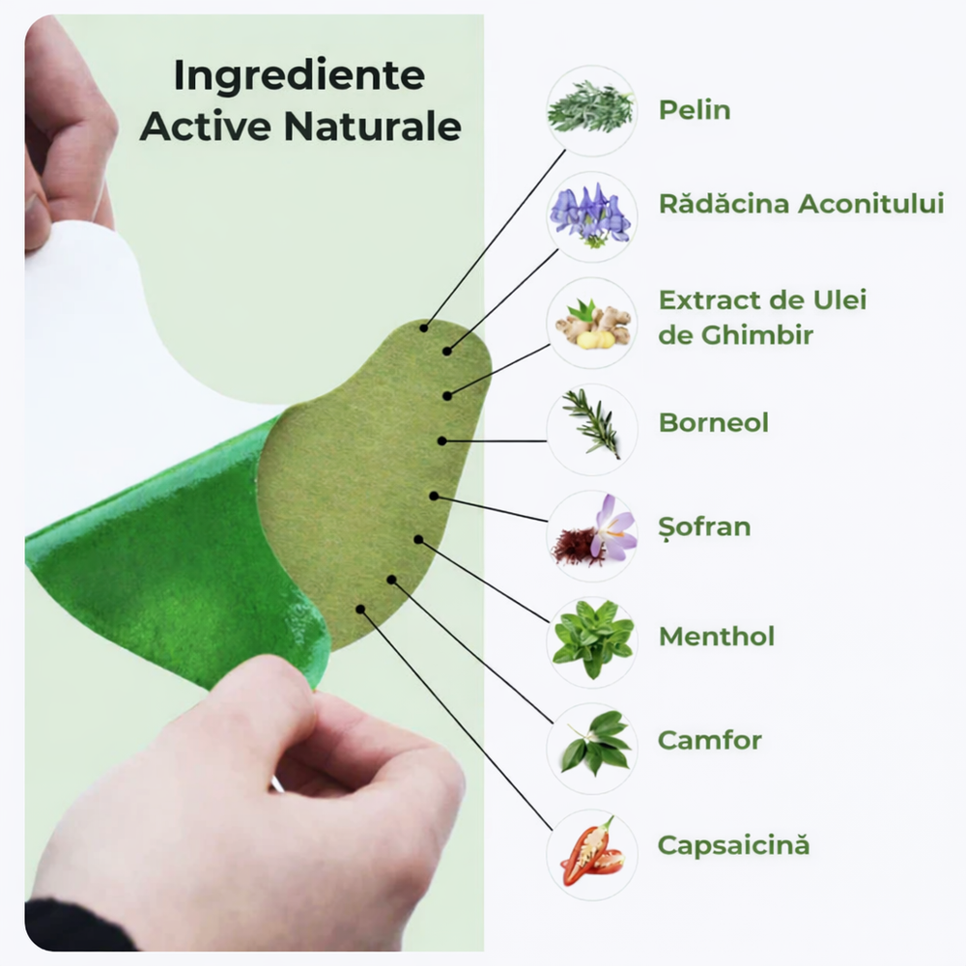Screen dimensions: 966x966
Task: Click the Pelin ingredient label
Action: pyautogui.click(x=694, y=109)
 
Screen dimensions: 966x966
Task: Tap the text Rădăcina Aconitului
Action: pyautogui.click(x=801, y=204)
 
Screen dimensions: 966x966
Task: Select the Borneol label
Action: pyautogui.click(x=713, y=422)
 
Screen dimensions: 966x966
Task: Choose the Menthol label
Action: pyautogui.click(x=716, y=637)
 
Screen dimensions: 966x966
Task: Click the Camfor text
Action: pyautogui.click(x=709, y=741)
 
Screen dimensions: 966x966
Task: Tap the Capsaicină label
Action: pyautogui.click(x=733, y=845)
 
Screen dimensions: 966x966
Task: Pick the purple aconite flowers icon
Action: pyautogui.click(x=591, y=215)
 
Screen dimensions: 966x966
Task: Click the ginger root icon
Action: pyautogui.click(x=591, y=323)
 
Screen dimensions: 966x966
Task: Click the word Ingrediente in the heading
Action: pyautogui.click(x=298, y=77)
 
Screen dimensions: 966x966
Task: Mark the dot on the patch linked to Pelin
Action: pyautogui.click(x=424, y=327)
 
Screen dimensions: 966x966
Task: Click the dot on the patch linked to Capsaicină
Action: pyautogui.click(x=360, y=610)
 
